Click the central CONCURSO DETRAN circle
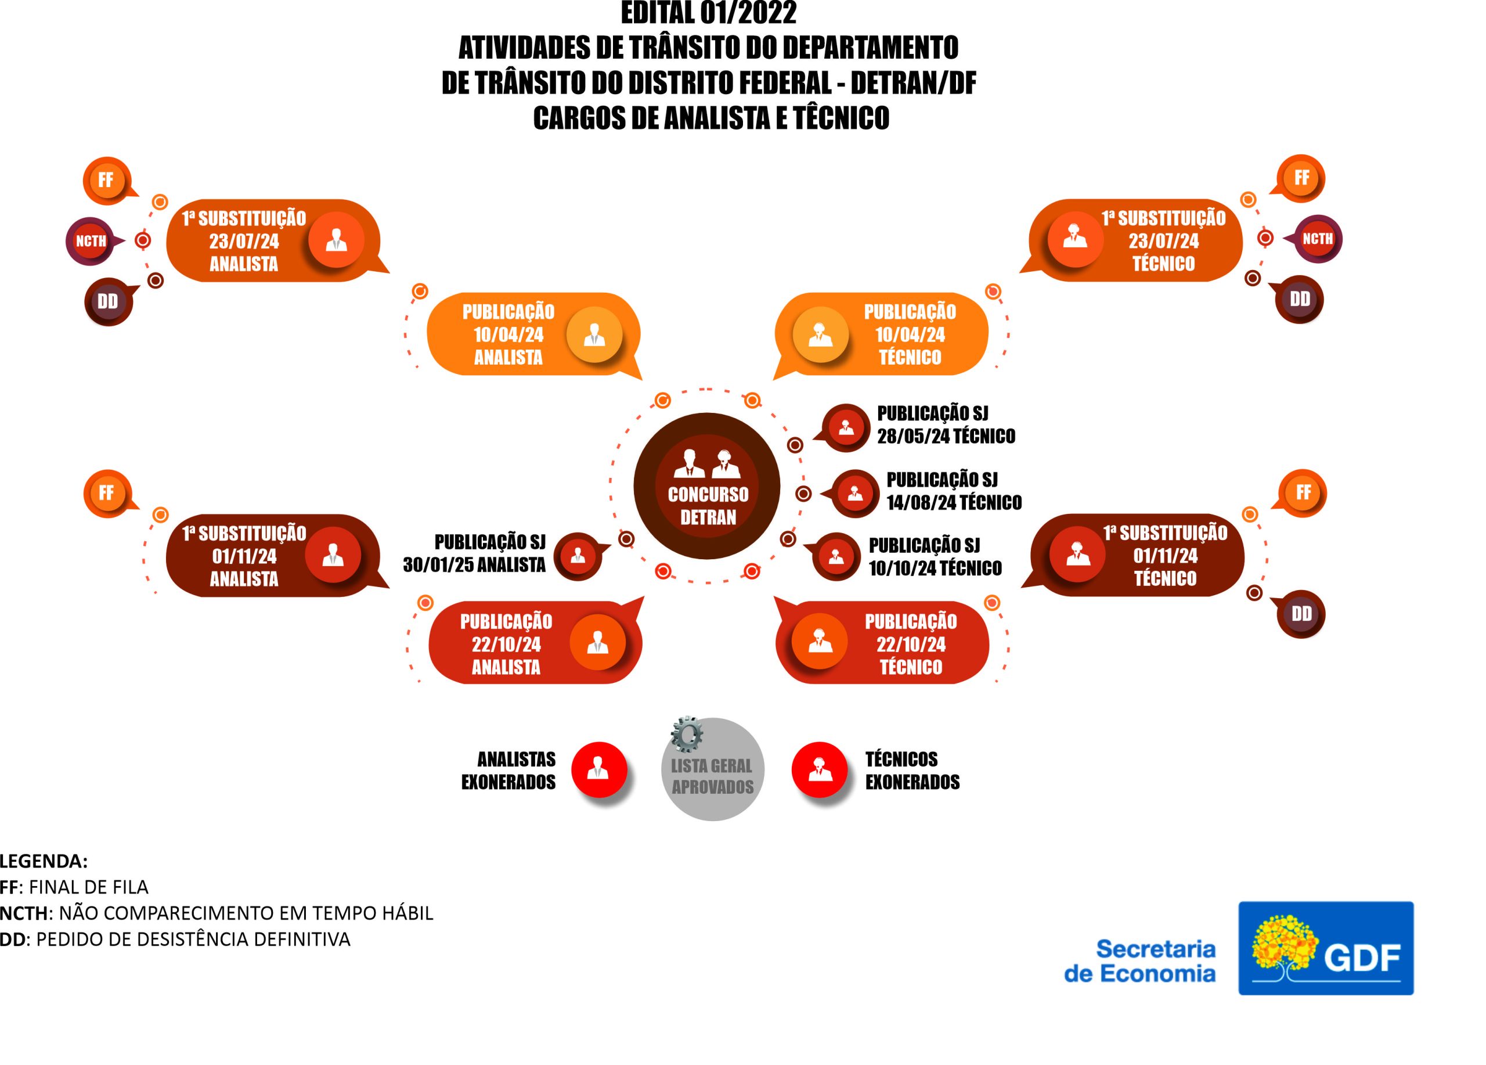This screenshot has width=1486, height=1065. (707, 485)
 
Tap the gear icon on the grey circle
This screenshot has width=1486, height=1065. (687, 734)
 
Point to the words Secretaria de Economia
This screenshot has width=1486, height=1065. (1140, 961)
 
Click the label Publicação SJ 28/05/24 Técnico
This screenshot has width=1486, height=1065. (946, 424)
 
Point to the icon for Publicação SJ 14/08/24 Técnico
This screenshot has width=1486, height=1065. (854, 493)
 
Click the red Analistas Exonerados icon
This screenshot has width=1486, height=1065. (598, 769)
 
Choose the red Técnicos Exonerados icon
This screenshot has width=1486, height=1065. (819, 769)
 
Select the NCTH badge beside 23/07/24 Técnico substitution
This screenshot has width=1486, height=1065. (1317, 239)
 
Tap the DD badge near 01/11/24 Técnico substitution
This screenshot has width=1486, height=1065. (1301, 614)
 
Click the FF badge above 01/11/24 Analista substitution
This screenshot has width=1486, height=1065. (107, 493)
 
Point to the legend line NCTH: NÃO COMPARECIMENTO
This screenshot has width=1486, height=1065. (216, 913)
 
